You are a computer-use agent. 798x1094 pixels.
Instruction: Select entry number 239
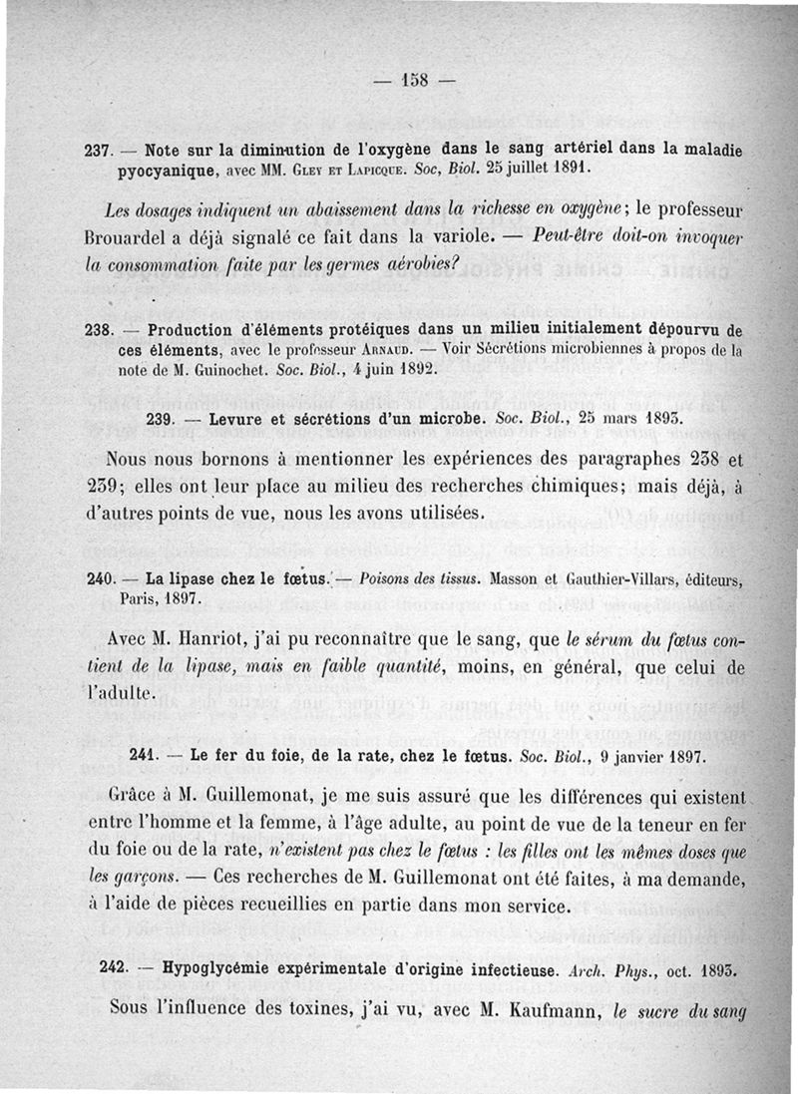(162, 420)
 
